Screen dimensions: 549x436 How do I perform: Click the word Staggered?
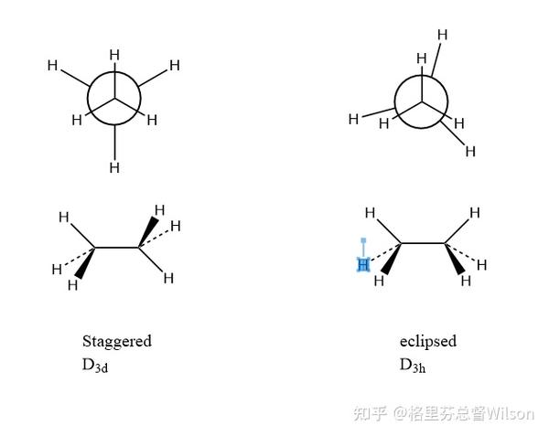pyautogui.click(x=116, y=341)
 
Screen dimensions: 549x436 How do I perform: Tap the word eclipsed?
pyautogui.click(x=427, y=341)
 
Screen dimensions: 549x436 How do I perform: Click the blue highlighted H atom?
pyautogui.click(x=362, y=265)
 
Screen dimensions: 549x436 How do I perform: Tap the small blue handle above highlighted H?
pyautogui.click(x=363, y=241)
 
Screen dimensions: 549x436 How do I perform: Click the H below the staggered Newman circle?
pyautogui.click(x=114, y=167)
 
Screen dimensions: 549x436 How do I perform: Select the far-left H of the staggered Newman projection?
pyautogui.click(x=52, y=65)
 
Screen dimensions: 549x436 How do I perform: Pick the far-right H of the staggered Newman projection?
pyautogui.click(x=174, y=65)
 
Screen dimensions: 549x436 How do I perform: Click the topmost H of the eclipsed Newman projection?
pyautogui.click(x=442, y=35)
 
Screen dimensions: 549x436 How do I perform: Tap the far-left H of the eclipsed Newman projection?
pyautogui.click(x=354, y=118)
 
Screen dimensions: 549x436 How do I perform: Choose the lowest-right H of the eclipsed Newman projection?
pyautogui.click(x=470, y=151)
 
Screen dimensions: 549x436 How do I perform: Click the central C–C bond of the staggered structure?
pyautogui.click(x=118, y=246)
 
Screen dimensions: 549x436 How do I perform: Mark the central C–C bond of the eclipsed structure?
pyautogui.click(x=424, y=242)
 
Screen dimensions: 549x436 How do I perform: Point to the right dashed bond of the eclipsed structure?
pyautogui.click(x=463, y=254)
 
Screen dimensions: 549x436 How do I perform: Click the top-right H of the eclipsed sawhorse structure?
pyautogui.click(x=475, y=213)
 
